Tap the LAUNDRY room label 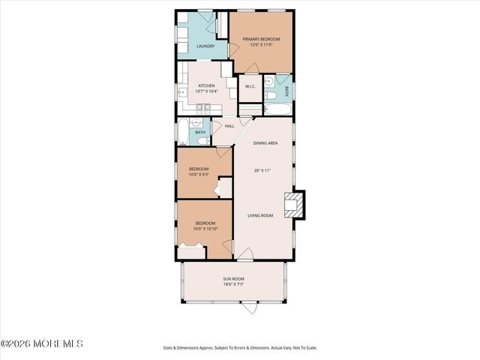point(205,46)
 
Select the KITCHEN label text point(206,85)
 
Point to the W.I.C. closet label point(250,87)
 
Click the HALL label point(229,126)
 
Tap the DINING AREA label point(265,142)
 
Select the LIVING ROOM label point(261,215)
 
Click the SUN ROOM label point(232,279)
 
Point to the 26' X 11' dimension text point(261,171)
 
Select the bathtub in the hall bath point(184,132)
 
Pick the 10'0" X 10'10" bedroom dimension point(205,228)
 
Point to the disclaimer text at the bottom point(239,348)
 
